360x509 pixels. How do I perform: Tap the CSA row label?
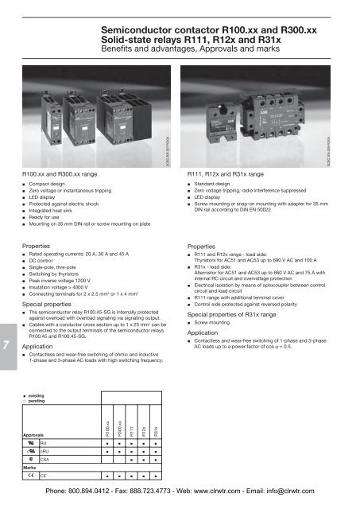tap(45, 459)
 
